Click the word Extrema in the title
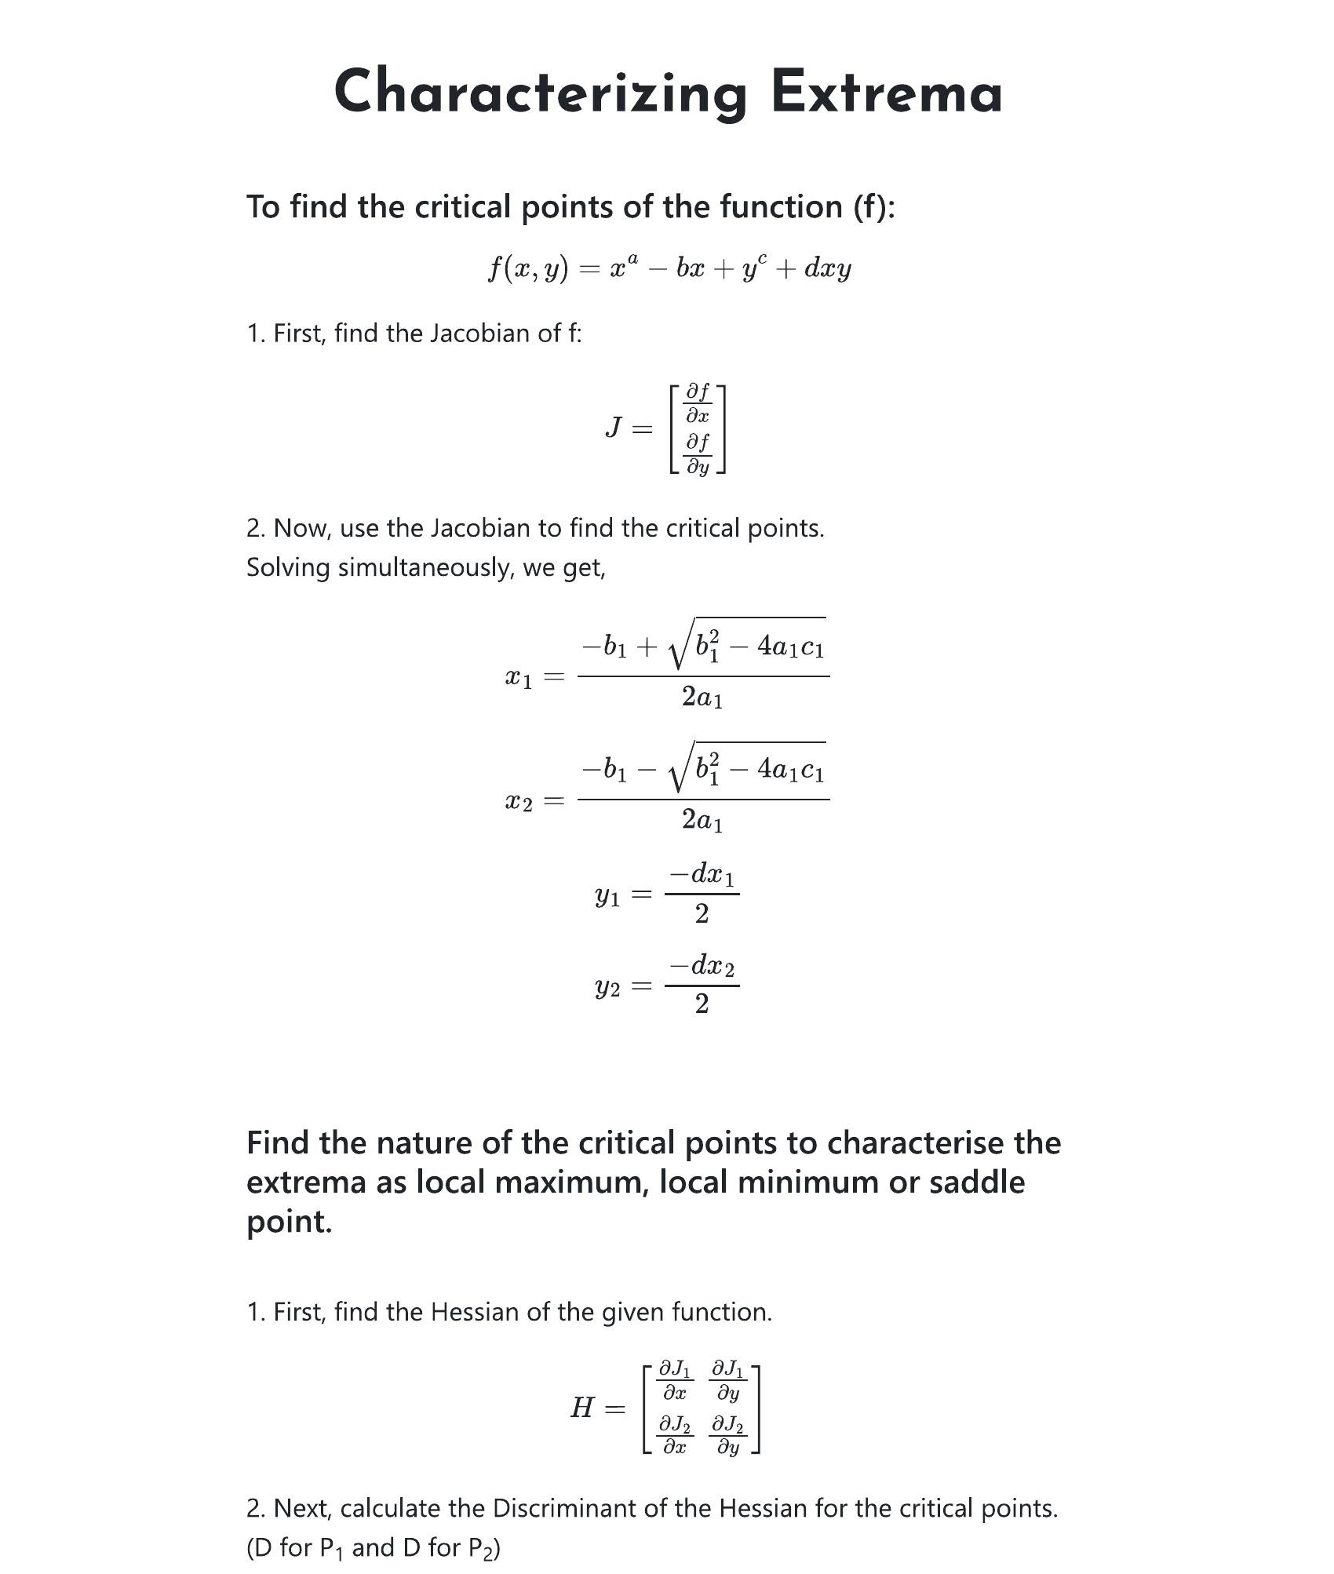886,93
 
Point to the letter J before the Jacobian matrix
614,428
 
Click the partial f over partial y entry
698,454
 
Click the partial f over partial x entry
698,403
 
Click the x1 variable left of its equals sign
518,676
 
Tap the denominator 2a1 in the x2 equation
702,820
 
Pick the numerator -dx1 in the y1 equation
702,874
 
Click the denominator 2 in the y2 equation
702,1004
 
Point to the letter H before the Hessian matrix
582,1408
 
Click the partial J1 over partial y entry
728,1380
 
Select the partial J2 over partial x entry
675,1435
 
